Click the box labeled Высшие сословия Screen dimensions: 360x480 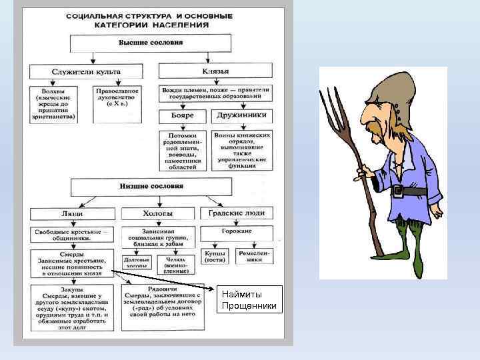point(151,43)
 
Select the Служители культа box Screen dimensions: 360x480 point(86,71)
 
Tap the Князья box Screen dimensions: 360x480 point(215,71)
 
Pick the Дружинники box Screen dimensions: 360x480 point(241,115)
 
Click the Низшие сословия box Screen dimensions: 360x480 point(151,186)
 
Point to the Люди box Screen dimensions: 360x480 point(72,214)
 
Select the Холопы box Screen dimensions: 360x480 point(158,214)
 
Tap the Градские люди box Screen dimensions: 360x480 point(236,213)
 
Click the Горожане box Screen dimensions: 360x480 point(236,231)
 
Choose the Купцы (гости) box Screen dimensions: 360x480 point(215,257)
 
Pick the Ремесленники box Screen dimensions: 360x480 point(254,257)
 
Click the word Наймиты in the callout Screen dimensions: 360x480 point(241,294)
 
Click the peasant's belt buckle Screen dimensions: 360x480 point(399,192)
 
